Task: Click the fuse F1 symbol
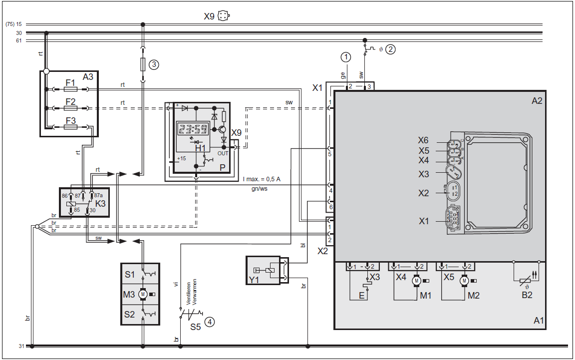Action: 70,89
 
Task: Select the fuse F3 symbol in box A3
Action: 70,127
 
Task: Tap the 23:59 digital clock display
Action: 193,129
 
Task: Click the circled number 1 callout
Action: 346,57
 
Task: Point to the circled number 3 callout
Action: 154,64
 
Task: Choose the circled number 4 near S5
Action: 210,322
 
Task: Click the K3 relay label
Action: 100,204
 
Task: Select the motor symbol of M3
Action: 143,294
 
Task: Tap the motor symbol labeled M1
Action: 416,281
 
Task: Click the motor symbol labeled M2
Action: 464,281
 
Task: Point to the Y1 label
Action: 254,280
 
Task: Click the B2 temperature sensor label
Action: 527,295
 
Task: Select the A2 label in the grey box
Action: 537,101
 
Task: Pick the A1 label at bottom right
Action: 539,321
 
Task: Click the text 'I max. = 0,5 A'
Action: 262,179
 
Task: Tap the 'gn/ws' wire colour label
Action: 259,189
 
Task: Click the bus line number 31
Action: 21,346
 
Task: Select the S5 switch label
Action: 196,327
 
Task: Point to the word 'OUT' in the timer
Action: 223,153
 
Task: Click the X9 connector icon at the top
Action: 224,16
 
